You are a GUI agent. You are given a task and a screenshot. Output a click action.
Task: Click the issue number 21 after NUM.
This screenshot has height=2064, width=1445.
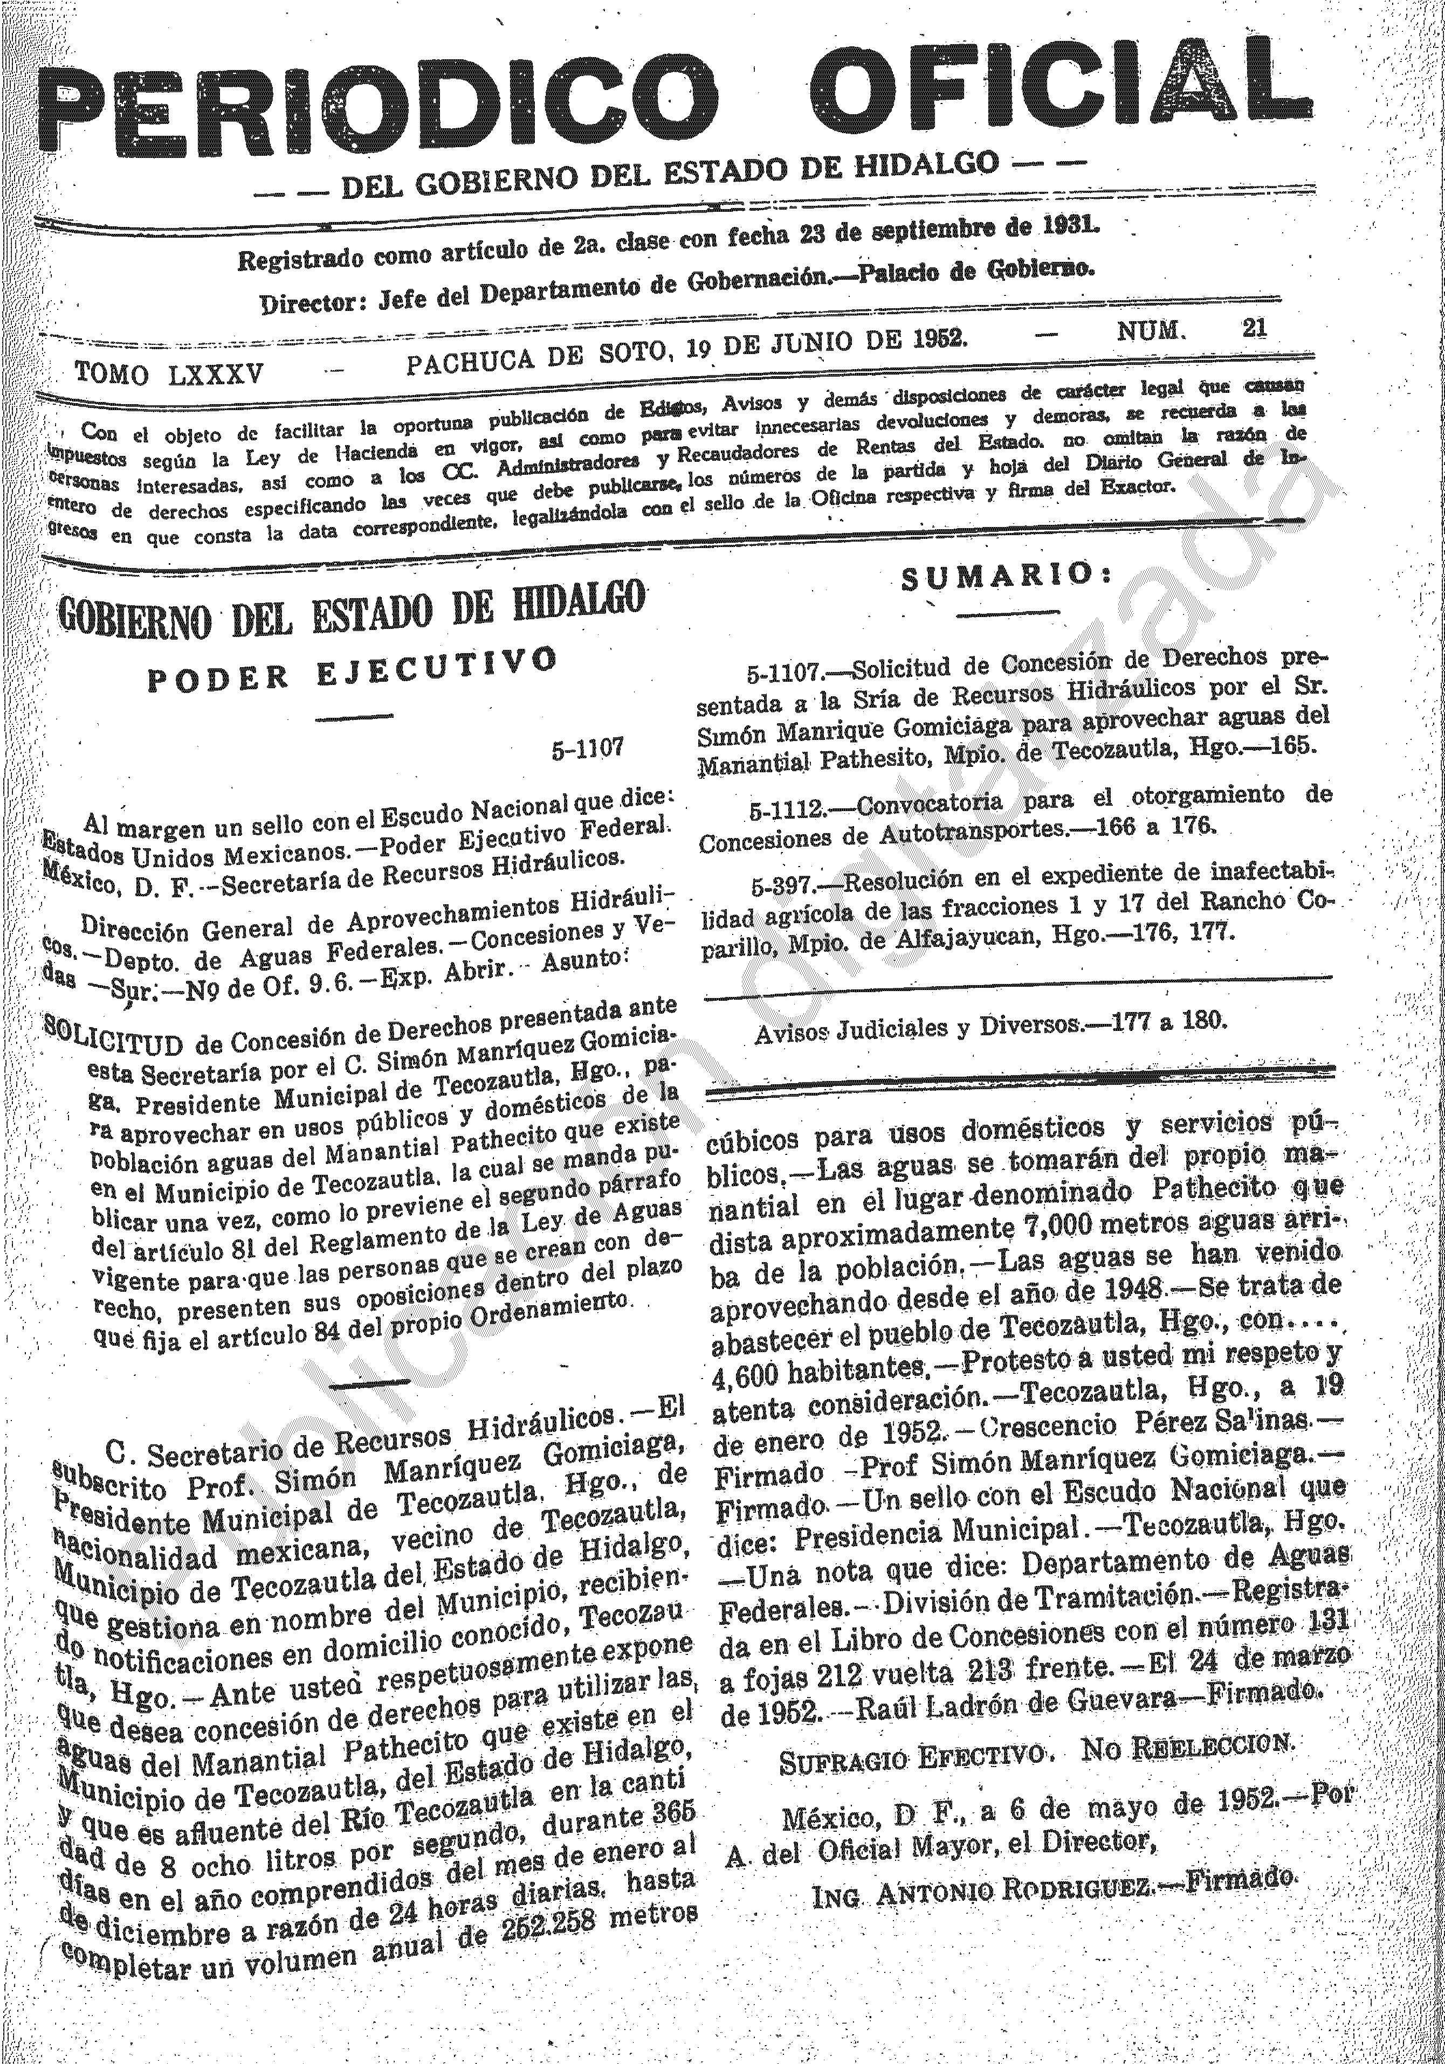coord(1254,328)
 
